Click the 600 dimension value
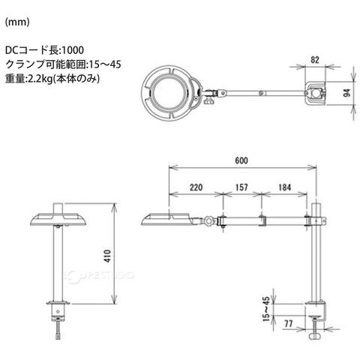coord(241,160)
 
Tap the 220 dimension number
coord(196,187)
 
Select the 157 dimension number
coord(241,187)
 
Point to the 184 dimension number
coord(285,187)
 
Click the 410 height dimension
coord(108,256)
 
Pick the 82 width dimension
coord(315,60)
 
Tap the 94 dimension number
coord(347,93)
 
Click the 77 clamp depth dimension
coord(289,324)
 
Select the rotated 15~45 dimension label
coord(266,309)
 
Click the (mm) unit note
coord(17,22)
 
